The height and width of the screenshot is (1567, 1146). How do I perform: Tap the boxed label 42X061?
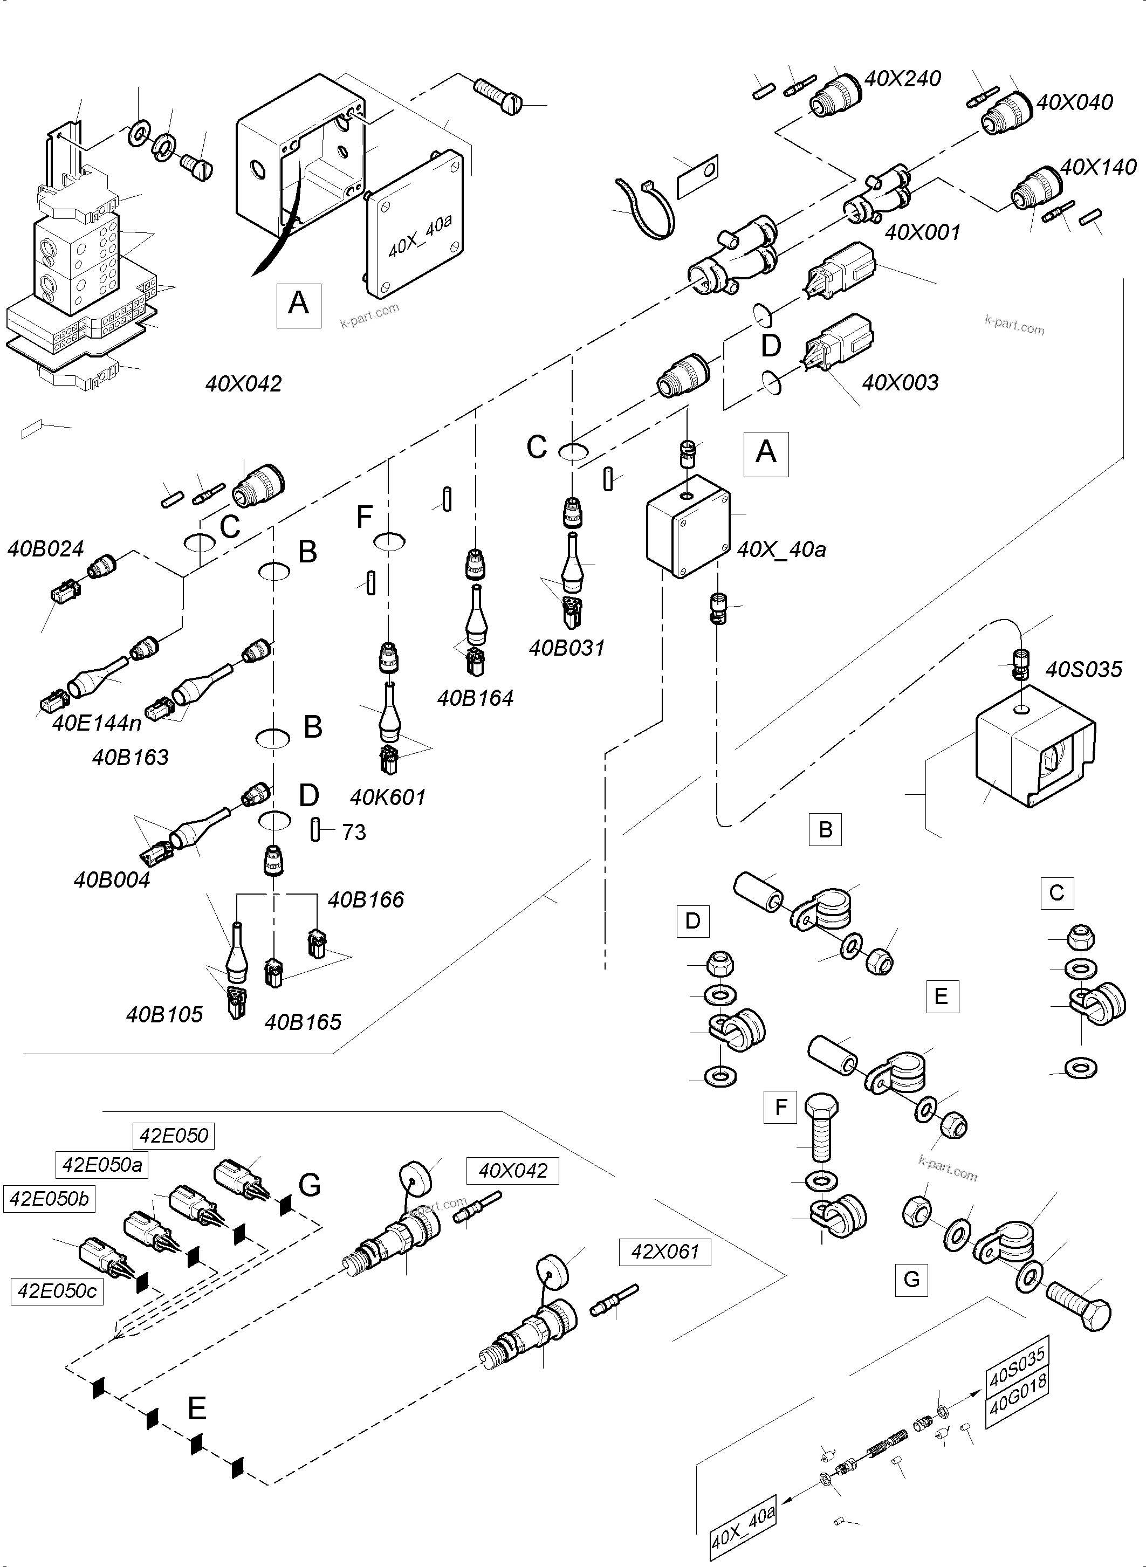coord(664,1252)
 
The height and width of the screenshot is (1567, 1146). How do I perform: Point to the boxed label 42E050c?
coord(57,1291)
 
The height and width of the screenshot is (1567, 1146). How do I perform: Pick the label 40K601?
coord(387,797)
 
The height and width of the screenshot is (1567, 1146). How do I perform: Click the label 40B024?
coord(45,549)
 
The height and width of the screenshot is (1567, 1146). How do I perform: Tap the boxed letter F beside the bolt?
coord(780,1107)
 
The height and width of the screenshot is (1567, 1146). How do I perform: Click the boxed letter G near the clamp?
coord(911,1279)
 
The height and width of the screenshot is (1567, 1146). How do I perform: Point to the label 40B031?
coord(567,648)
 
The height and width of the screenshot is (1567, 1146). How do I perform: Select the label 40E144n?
coord(97,723)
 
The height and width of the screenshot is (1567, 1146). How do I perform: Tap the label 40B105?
coord(164,1015)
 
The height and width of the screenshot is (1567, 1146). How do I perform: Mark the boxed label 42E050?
coord(174,1136)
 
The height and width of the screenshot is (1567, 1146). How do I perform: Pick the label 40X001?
coord(922,232)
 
